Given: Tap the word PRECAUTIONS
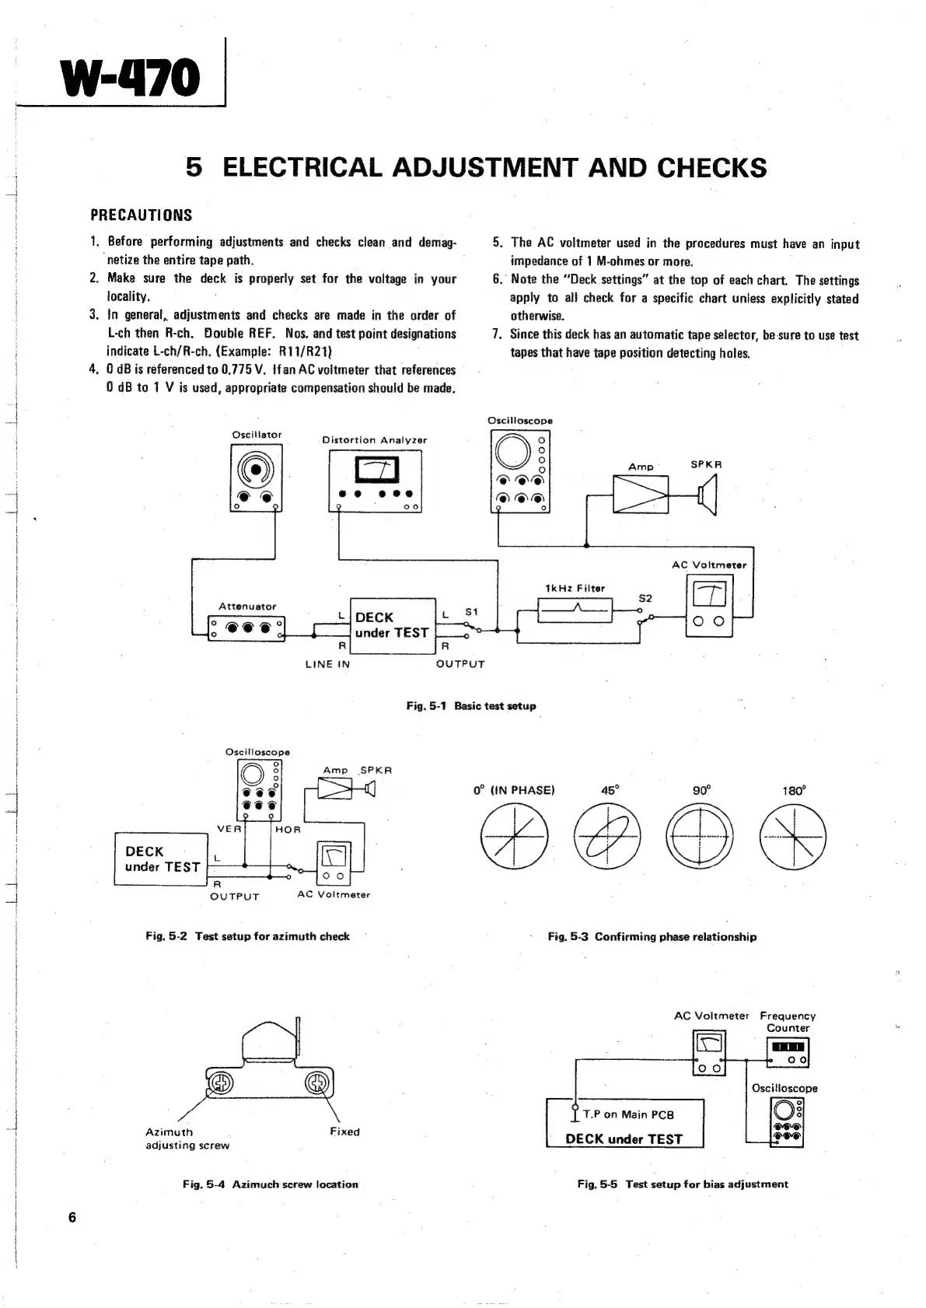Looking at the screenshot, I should point(142,215).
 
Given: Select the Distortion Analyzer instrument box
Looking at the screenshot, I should point(376,482).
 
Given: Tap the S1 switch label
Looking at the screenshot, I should point(471,613).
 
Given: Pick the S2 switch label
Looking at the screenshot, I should point(645,598).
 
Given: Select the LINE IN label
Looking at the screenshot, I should point(327,664).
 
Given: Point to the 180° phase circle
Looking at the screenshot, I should point(793,838).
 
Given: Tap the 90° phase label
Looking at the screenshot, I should point(701,790).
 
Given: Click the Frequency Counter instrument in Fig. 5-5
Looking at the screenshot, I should point(788,1054).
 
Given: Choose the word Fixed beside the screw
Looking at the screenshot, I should point(344,1131).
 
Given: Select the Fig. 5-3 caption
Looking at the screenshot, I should point(652,936).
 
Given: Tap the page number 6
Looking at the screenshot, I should point(72,1218).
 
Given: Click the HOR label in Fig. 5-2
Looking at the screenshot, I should point(288,829).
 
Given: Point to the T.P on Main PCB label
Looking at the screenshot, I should point(628,1114).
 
